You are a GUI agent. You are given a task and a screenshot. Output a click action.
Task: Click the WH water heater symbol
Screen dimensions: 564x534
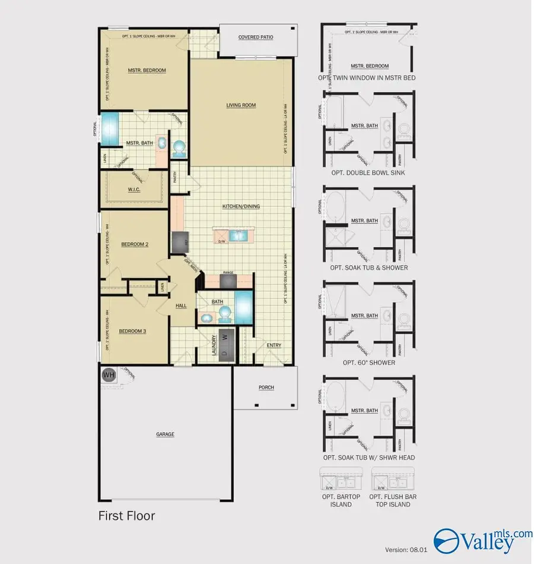(x=109, y=375)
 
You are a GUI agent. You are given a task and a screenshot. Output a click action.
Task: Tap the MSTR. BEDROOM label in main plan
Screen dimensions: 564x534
(x=147, y=70)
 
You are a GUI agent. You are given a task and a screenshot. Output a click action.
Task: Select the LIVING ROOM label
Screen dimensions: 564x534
(x=241, y=105)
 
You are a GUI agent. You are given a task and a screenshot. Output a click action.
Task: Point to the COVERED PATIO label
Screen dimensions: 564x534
(x=256, y=37)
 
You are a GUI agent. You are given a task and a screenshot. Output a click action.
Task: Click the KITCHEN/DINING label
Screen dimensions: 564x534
(x=241, y=206)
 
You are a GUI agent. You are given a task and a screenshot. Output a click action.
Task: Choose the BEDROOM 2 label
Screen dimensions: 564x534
(x=135, y=244)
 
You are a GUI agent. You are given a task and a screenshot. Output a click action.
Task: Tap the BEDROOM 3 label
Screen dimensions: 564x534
(x=132, y=331)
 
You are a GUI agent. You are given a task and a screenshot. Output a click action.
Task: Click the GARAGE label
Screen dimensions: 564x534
(x=165, y=434)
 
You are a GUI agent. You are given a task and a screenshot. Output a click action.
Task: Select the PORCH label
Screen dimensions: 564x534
(x=266, y=387)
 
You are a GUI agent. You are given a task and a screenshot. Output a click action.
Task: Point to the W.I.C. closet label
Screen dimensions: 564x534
(x=134, y=190)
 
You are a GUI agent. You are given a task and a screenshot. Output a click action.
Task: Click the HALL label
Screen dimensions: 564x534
(x=181, y=305)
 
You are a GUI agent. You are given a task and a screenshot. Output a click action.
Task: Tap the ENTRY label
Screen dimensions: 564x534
(x=274, y=345)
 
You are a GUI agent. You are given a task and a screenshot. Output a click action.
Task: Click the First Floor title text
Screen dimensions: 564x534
(x=126, y=515)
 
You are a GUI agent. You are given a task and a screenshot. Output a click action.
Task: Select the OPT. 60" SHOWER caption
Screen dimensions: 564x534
(x=368, y=363)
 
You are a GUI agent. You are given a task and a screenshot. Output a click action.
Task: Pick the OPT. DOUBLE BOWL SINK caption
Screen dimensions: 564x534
(x=368, y=172)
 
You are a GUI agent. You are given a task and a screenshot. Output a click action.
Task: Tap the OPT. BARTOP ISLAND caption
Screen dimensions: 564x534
(x=336, y=500)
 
